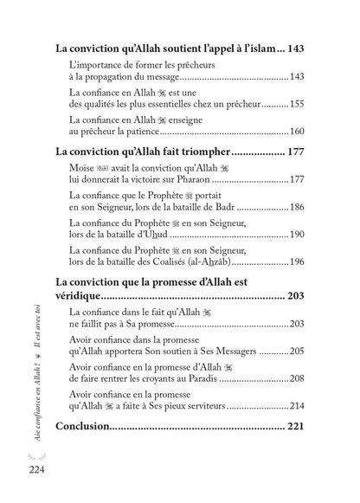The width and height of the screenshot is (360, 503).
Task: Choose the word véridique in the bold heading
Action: point(83,297)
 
